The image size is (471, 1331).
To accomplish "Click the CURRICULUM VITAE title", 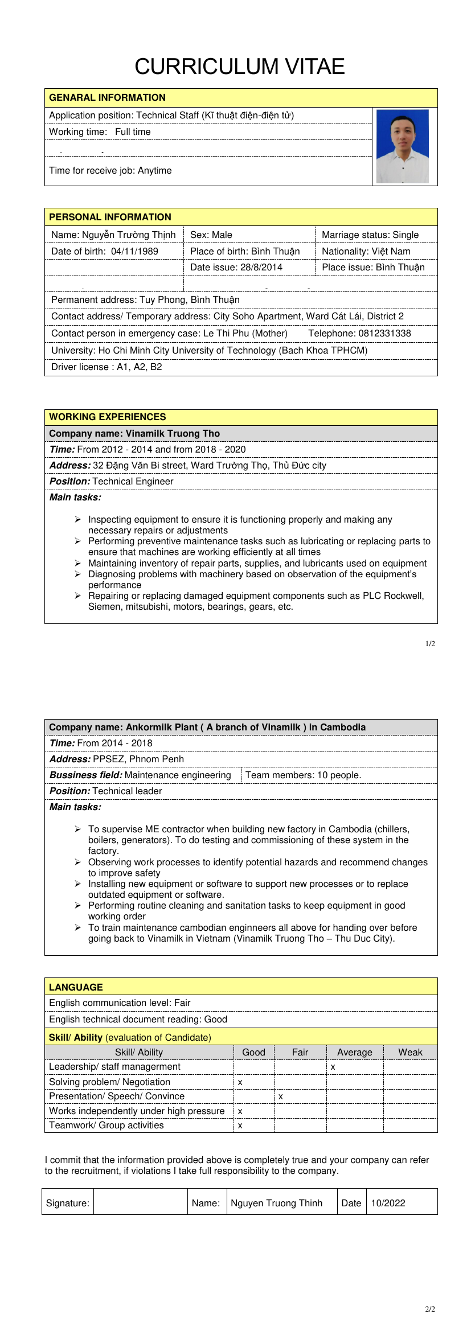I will [239, 67].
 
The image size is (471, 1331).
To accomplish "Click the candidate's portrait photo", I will [402, 146].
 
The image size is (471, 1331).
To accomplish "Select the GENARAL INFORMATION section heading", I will [107, 97].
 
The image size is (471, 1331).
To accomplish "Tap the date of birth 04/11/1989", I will [134, 251].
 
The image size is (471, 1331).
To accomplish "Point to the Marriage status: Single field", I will [370, 235].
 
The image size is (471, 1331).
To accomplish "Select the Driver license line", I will [107, 367].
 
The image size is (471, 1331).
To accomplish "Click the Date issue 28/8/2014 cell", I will [236, 267].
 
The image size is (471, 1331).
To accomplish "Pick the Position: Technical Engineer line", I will [112, 481].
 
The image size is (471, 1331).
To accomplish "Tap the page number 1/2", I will [430, 644].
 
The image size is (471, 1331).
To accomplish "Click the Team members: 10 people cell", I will [303, 775].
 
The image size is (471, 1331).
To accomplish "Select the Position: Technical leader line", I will [106, 791].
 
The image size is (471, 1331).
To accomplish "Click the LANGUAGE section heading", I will [76, 987].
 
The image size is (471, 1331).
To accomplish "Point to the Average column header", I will [354, 1052].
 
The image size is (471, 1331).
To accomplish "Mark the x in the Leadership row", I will [333, 1067].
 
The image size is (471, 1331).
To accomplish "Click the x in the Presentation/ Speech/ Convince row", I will [280, 1096].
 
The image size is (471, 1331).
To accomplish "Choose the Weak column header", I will [410, 1052].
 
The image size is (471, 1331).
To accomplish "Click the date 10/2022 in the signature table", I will [388, 1203].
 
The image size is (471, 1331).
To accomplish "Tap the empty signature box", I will [141, 1202].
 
